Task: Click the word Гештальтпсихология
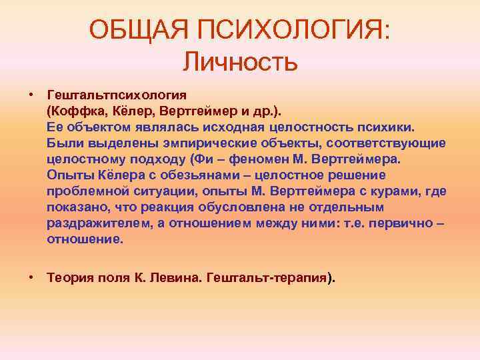tap(117, 94)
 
